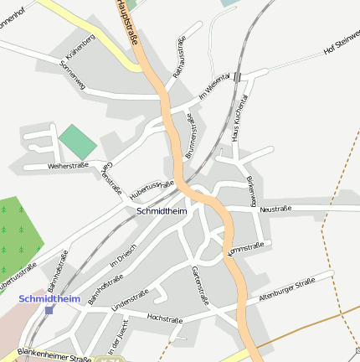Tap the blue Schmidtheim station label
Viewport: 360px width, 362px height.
[49, 298]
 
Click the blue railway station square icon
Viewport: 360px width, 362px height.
[49, 309]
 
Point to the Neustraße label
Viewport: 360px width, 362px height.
[275, 209]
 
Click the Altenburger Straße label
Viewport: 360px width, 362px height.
[286, 289]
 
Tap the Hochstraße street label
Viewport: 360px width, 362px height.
[164, 318]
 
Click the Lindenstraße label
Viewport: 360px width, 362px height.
[130, 300]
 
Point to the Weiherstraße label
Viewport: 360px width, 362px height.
[45, 166]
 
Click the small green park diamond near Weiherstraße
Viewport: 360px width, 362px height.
[78, 141]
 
